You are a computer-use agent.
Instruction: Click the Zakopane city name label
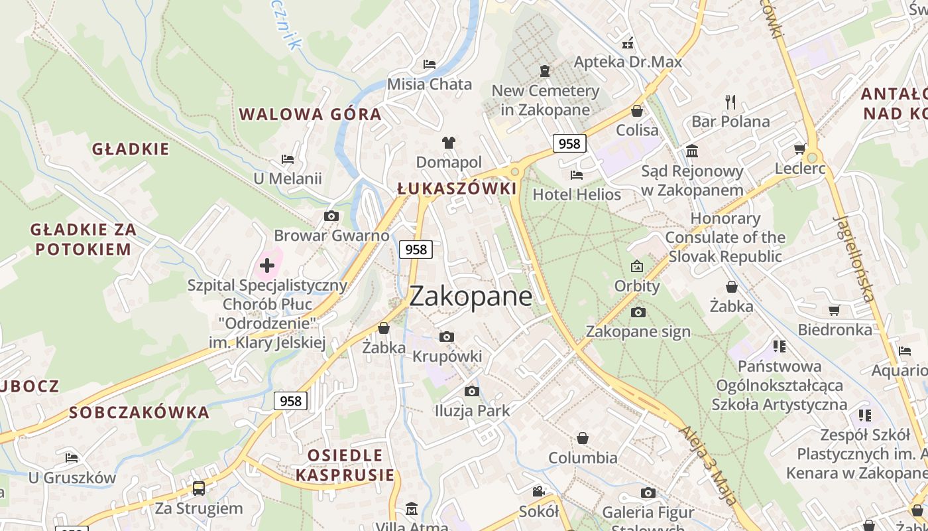(x=471, y=296)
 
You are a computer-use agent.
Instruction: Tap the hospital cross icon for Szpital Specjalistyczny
(x=267, y=265)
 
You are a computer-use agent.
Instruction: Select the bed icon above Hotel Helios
(x=577, y=175)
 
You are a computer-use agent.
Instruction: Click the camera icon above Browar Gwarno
(x=331, y=216)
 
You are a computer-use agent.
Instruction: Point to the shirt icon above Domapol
(x=449, y=142)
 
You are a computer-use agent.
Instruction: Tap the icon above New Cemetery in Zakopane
(x=545, y=70)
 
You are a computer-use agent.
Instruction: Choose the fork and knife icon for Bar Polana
(x=730, y=102)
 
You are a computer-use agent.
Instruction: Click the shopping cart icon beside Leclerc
(x=800, y=149)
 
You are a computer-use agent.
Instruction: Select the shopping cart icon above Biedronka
(x=835, y=310)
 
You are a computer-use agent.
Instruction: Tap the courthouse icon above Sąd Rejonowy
(x=692, y=151)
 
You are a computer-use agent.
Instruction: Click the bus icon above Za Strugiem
(x=199, y=489)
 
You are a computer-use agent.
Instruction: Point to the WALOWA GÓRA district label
(x=310, y=114)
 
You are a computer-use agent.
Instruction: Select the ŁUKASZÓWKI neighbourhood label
(x=457, y=189)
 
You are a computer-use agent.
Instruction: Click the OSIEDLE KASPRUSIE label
(x=345, y=465)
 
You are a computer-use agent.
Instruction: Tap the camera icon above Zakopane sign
(x=638, y=312)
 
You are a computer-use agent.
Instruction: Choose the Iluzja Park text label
(x=472, y=411)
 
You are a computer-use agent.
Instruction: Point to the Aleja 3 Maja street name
(x=709, y=465)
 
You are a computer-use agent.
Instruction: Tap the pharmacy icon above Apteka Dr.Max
(x=627, y=43)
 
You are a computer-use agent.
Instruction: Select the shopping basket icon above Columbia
(x=583, y=438)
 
